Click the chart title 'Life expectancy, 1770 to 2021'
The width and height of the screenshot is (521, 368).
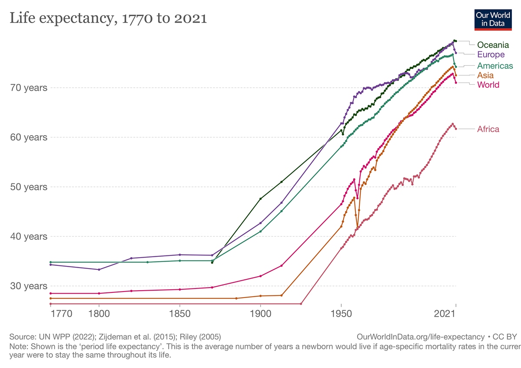coord(108,19)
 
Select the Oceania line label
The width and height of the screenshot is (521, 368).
coord(493,45)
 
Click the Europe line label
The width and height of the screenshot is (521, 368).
coord(491,54)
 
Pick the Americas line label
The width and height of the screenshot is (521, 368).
coord(495,66)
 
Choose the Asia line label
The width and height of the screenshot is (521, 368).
coord(485,76)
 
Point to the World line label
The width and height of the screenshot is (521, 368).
coord(488,85)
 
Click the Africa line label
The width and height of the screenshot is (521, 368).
coord(488,129)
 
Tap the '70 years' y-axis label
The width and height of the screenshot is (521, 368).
coord(29,88)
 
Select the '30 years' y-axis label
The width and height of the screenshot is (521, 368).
coord(29,286)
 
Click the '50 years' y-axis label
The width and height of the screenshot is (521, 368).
coord(29,187)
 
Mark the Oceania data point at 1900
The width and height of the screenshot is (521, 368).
coord(261,199)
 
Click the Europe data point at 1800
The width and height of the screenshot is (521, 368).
coord(99,269)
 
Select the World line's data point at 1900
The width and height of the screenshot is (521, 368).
coord(261,276)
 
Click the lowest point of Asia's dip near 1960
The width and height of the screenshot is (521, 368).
coord(358,227)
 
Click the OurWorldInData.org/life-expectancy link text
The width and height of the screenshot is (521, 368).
coord(420,337)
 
